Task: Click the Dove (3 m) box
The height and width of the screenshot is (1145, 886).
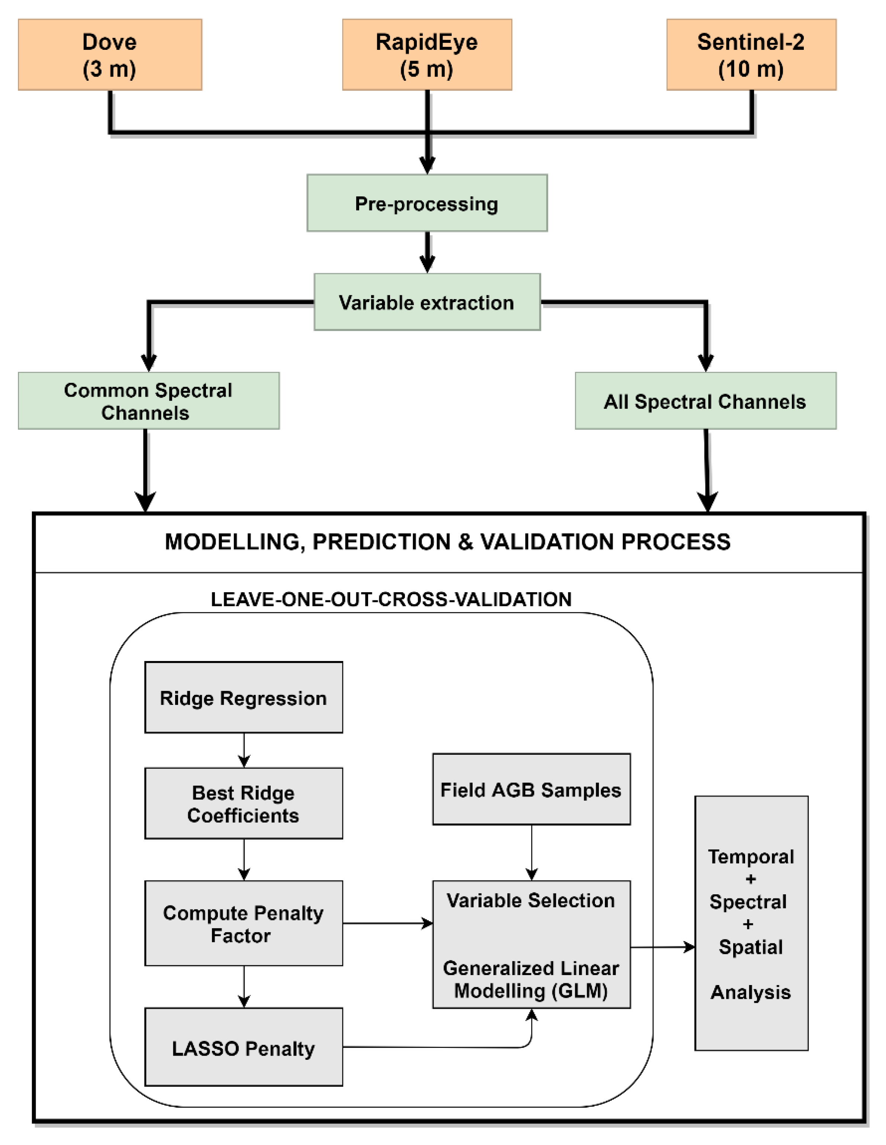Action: click(x=110, y=55)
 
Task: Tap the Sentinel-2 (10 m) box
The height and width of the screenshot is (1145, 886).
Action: click(x=751, y=55)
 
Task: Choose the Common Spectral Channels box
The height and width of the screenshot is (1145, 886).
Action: click(x=148, y=401)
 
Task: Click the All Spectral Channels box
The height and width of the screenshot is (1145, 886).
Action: click(x=705, y=401)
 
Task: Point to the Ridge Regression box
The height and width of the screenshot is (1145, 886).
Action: click(x=243, y=697)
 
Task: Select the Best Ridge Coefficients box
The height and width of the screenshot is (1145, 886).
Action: click(x=243, y=803)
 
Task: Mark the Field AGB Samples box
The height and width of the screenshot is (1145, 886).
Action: click(x=531, y=789)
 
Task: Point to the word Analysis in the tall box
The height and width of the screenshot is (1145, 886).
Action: click(x=750, y=992)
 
